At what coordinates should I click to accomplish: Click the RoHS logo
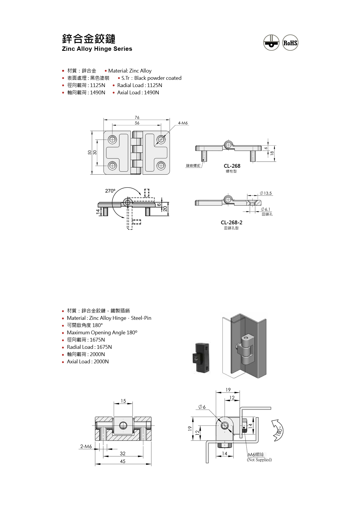pos(290,43)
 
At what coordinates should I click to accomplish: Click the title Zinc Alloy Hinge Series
pos(97,49)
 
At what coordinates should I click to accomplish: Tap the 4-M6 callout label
pos(183,123)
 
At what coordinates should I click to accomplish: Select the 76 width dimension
pos(137,118)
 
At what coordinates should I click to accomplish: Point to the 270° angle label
pos(110,191)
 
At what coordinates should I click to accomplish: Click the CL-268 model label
pos(232,166)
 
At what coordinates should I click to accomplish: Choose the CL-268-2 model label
pos(231,223)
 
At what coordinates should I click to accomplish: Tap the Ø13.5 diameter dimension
pos(266,193)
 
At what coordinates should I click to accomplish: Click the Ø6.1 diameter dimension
pos(265,209)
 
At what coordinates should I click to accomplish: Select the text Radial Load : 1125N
pos(140,85)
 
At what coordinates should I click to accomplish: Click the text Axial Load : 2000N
pos(88,362)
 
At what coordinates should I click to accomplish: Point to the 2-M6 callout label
pos(86,446)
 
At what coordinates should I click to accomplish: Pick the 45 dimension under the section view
pos(123,461)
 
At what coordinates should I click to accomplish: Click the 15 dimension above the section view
pos(123,401)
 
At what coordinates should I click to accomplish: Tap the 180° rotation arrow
pos(278,430)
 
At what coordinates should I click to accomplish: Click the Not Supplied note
pos(259,460)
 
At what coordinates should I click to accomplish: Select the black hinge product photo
pos(201,358)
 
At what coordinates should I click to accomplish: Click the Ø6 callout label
pos(202,407)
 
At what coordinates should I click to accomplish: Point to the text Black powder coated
pos(158,78)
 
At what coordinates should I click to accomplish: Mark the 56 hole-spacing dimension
pos(137,123)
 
